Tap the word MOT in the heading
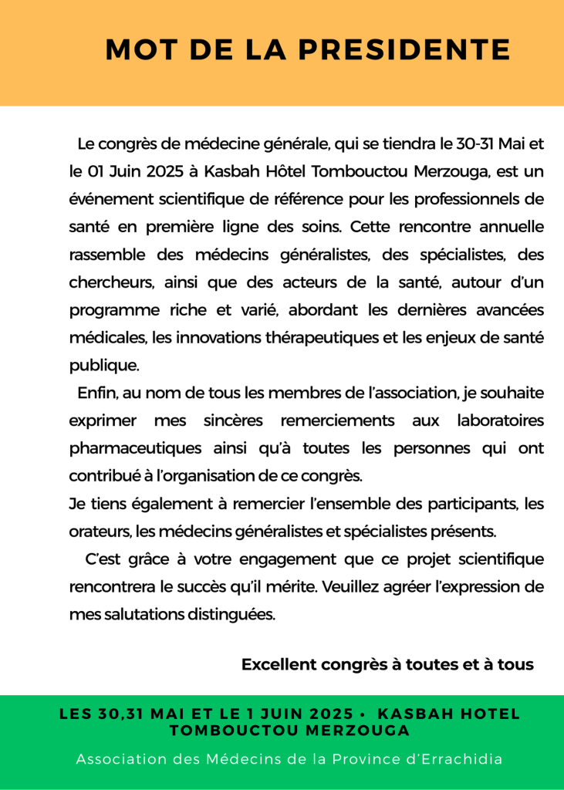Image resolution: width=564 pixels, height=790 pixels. [135, 50]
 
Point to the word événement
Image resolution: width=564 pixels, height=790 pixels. [102, 199]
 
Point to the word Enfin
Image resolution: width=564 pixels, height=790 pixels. [96, 393]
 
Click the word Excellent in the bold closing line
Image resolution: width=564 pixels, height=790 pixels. [278, 664]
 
